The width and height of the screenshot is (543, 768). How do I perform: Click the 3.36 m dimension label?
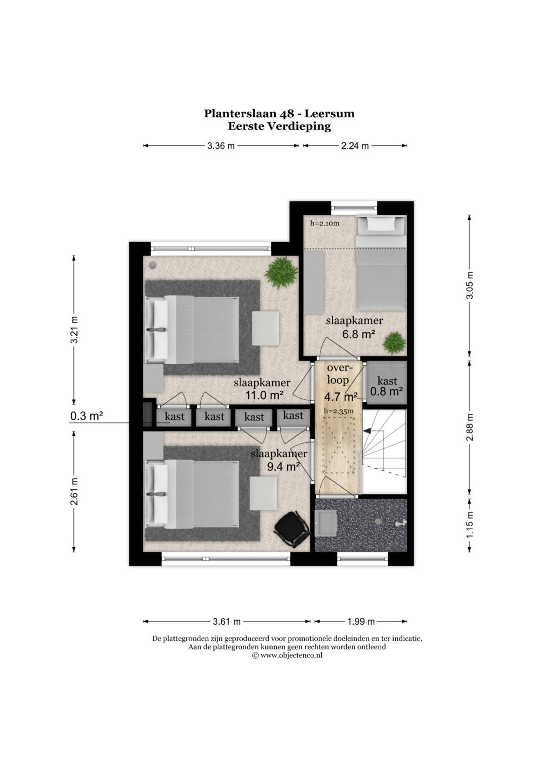pyautogui.click(x=221, y=146)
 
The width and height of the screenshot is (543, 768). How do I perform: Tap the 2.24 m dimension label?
pyautogui.click(x=355, y=146)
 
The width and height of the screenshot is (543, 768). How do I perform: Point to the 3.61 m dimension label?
pyautogui.click(x=227, y=621)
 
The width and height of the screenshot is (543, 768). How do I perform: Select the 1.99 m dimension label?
pyautogui.click(x=361, y=621)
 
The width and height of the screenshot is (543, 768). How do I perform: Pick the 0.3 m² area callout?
pyautogui.click(x=86, y=416)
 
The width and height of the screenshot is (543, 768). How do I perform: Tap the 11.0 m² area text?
pyautogui.click(x=265, y=395)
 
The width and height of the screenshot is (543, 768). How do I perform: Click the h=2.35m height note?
pyautogui.click(x=339, y=411)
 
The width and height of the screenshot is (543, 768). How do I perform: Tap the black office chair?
pyautogui.click(x=292, y=529)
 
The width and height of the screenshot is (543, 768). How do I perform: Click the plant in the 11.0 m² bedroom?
pyautogui.click(x=281, y=273)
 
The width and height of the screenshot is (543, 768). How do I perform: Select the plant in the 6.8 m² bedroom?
pyautogui.click(x=394, y=343)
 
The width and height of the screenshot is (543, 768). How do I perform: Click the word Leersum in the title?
pyautogui.click(x=329, y=114)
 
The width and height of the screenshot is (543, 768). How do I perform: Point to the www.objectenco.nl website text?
pyautogui.click(x=291, y=656)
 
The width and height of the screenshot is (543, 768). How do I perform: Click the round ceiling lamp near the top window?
pyautogui.click(x=153, y=265)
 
